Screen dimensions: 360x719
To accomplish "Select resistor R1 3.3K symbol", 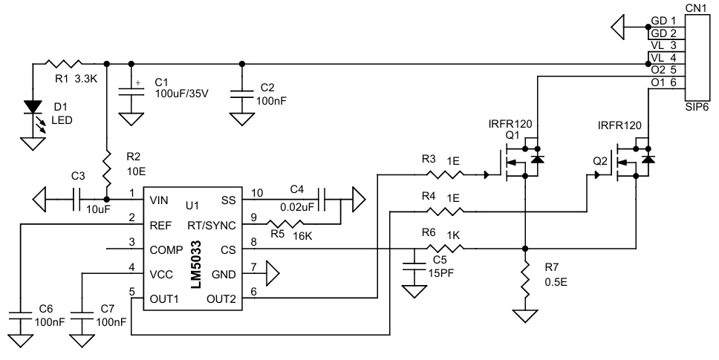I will click(x=62, y=63).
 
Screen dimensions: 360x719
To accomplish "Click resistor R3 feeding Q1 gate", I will click(x=445, y=175).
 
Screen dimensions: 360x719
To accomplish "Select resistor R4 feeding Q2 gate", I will click(x=445, y=212).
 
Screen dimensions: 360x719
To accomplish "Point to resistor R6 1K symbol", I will click(x=445, y=248).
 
